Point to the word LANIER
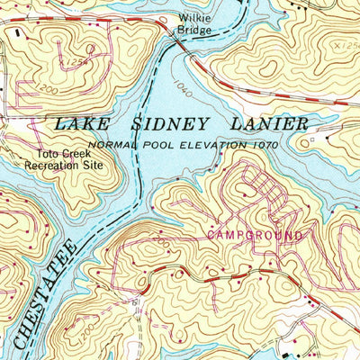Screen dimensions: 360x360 coord(271,123)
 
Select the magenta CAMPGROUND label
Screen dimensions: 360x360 coord(255,235)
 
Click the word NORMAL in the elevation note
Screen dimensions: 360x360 coord(110,144)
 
